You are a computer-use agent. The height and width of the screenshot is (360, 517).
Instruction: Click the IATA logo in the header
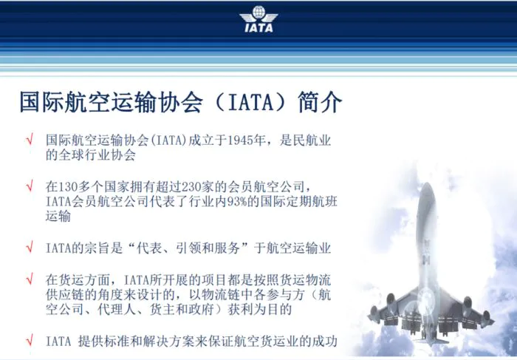pyautogui.click(x=258, y=18)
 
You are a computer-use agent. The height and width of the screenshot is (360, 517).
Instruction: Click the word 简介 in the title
pyautogui.click(x=320, y=102)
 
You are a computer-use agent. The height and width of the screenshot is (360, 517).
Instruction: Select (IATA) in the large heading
pyautogui.click(x=250, y=102)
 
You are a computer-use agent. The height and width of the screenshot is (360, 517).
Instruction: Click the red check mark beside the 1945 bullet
pyautogui.click(x=30, y=139)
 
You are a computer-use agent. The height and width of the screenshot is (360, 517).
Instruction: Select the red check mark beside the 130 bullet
pyautogui.click(x=30, y=186)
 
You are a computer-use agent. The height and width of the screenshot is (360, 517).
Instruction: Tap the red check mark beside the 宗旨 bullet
pyautogui.click(x=30, y=247)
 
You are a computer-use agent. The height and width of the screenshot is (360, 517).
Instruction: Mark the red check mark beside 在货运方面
pyautogui.click(x=30, y=279)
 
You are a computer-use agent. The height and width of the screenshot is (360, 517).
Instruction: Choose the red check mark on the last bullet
pyautogui.click(x=30, y=340)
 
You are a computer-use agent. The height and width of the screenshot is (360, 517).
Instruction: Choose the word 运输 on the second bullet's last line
pyautogui.click(x=58, y=216)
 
